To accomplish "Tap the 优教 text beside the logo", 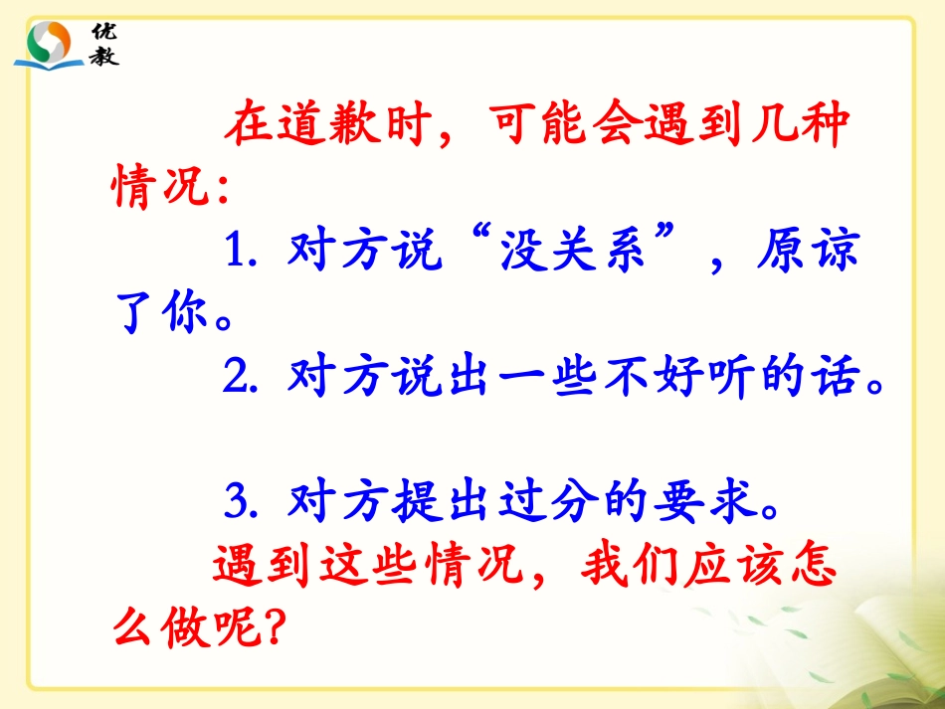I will point(104,43).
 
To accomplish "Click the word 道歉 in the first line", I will point(348,127).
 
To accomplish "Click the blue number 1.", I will point(237,254).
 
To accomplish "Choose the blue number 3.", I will point(237,503).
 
